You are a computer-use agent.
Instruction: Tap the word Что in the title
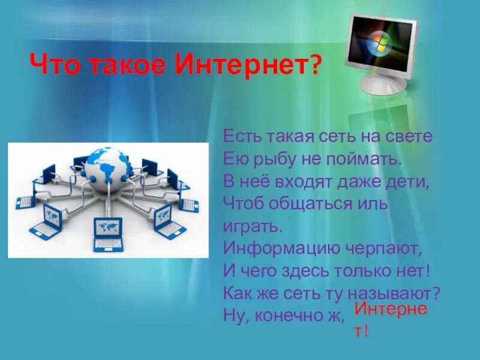tap(54, 64)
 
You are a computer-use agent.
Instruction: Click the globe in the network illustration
tap(106, 164)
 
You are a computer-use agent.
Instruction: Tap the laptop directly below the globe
tap(108, 233)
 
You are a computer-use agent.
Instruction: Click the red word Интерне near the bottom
tap(390, 310)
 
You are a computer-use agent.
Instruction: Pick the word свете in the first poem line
tap(413, 137)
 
